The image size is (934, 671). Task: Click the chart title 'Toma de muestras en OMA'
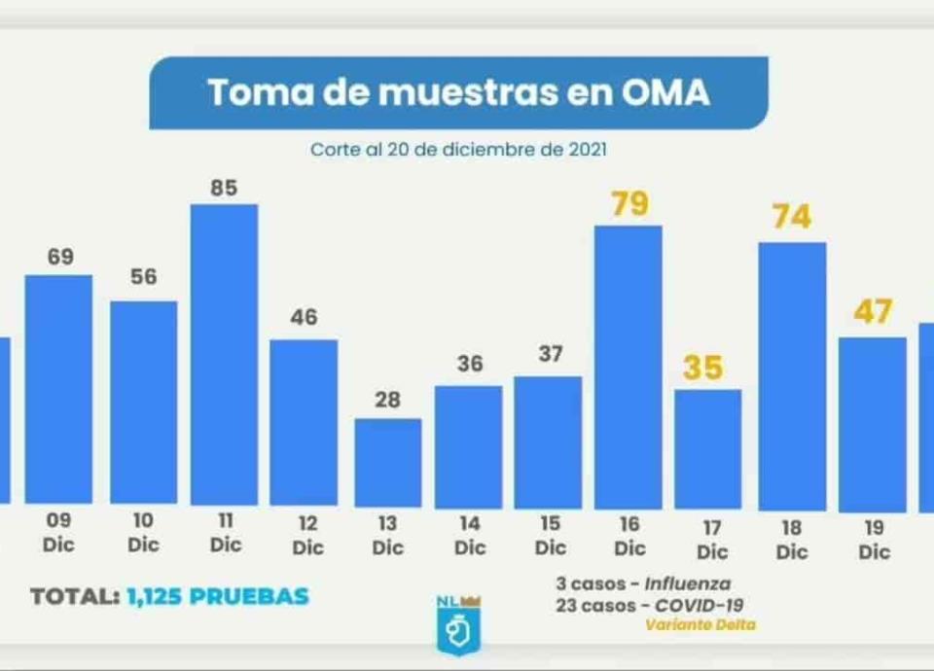click(458, 93)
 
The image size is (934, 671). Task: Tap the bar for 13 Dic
click(387, 462)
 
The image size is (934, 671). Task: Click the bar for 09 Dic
click(58, 389)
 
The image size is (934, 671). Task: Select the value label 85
click(224, 188)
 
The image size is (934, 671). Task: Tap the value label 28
click(387, 401)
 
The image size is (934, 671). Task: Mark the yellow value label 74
click(791, 217)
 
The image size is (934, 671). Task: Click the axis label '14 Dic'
click(470, 536)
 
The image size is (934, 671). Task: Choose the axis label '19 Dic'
click(874, 540)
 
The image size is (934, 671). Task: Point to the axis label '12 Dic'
click(307, 536)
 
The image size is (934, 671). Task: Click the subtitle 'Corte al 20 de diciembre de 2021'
click(458, 151)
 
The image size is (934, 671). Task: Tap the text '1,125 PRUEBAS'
click(218, 596)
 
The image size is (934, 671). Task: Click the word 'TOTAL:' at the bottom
click(74, 596)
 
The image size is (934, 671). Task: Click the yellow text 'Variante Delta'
click(700, 624)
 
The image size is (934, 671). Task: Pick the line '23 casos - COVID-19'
click(651, 604)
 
